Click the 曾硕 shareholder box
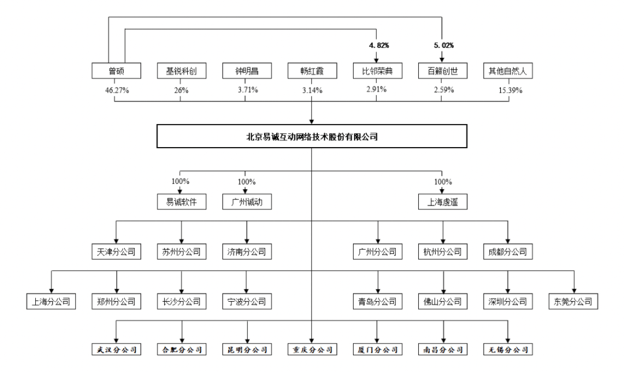[116, 71]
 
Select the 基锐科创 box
[181, 71]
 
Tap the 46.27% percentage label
[117, 90]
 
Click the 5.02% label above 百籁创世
[444, 46]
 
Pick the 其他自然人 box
[508, 71]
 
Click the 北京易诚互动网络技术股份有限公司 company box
[311, 136]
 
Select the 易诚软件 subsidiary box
[181, 202]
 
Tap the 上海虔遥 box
[443, 202]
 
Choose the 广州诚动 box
[247, 202]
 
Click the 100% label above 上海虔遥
[443, 182]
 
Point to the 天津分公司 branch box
[116, 251]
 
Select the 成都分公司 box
[508, 251]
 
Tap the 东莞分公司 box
[573, 301]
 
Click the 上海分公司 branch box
[51, 301]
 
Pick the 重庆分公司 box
[312, 350]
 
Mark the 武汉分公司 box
[116, 350]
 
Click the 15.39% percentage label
[510, 90]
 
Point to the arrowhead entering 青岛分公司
[378, 291]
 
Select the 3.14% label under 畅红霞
[313, 90]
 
